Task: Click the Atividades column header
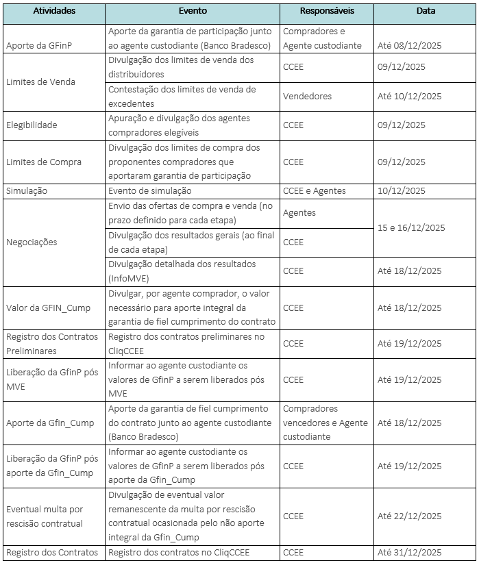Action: pos(54,12)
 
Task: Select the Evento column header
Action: pos(193,12)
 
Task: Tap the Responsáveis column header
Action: pos(326,12)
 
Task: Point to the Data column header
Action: pos(426,12)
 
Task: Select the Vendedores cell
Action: pos(307,97)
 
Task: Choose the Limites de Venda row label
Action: pos(40,82)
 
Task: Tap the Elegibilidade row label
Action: pos(32,125)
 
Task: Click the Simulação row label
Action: pos(27,191)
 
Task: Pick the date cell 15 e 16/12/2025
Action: pos(411,227)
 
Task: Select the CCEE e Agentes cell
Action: pos(315,191)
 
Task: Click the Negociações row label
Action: pos(32,242)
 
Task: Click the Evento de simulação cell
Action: pos(150,191)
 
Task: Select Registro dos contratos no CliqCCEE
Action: pos(179,553)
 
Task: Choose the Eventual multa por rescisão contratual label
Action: pos(45,516)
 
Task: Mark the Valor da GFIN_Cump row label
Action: pos(48,308)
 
